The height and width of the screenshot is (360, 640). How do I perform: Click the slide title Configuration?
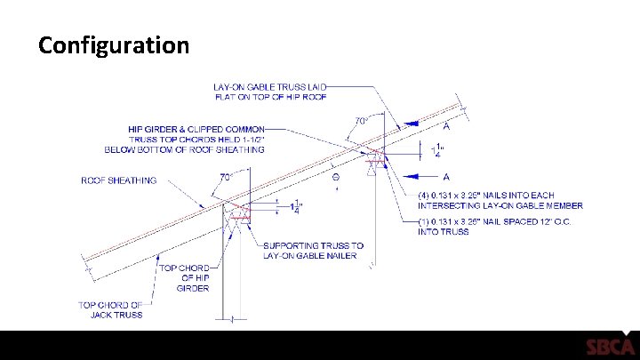[x=114, y=44]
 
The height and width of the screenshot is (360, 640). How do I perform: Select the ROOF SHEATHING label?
[x=118, y=180]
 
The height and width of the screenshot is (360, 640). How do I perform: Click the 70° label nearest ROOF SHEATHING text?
[x=227, y=176]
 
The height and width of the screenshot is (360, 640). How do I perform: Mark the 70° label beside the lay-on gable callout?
[x=362, y=120]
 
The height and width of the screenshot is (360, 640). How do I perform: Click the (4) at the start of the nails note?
[x=425, y=196]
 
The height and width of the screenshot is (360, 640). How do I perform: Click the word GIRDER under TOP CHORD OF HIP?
[x=192, y=288]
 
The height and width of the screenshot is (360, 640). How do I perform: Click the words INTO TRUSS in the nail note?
[x=443, y=232]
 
